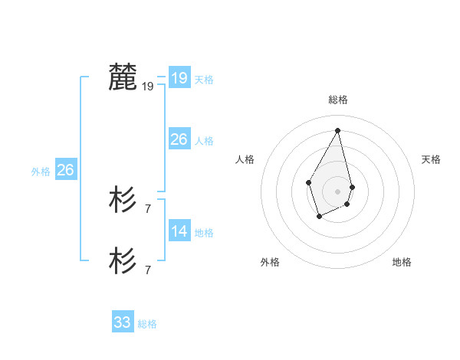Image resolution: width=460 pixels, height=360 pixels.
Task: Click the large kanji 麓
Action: (x=123, y=77)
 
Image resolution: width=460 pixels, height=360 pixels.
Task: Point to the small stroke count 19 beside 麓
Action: (x=148, y=87)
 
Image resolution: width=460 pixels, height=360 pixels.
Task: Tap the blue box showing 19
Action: (x=179, y=77)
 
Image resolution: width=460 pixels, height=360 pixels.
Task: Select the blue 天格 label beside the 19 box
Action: (x=204, y=80)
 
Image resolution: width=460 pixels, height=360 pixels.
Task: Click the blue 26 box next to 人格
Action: (x=179, y=139)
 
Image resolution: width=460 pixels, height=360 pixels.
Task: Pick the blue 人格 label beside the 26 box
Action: (x=204, y=141)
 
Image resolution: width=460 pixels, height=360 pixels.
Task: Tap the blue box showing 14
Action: (x=179, y=231)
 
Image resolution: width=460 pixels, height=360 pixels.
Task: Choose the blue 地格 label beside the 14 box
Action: (x=204, y=233)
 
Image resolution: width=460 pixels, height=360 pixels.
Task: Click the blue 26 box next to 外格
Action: (x=65, y=169)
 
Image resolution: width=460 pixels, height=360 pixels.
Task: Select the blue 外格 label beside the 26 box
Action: (x=41, y=172)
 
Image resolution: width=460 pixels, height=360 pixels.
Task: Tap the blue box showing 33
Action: (x=122, y=322)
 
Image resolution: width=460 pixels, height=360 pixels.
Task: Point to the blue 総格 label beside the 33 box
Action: (x=147, y=325)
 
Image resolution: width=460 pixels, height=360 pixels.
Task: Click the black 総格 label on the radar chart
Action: (x=337, y=100)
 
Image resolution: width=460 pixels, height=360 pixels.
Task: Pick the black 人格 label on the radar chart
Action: (x=245, y=159)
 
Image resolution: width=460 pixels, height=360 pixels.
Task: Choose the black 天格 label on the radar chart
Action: (x=431, y=159)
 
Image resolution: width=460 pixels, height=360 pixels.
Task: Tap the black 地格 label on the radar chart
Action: (x=402, y=262)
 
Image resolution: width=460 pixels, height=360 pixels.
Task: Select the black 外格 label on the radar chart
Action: (x=270, y=262)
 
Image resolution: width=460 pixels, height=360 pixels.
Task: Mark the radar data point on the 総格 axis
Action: (x=337, y=130)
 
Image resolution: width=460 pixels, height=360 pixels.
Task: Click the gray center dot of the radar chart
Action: (x=337, y=191)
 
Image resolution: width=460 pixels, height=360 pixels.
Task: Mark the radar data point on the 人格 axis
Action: (x=308, y=182)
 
